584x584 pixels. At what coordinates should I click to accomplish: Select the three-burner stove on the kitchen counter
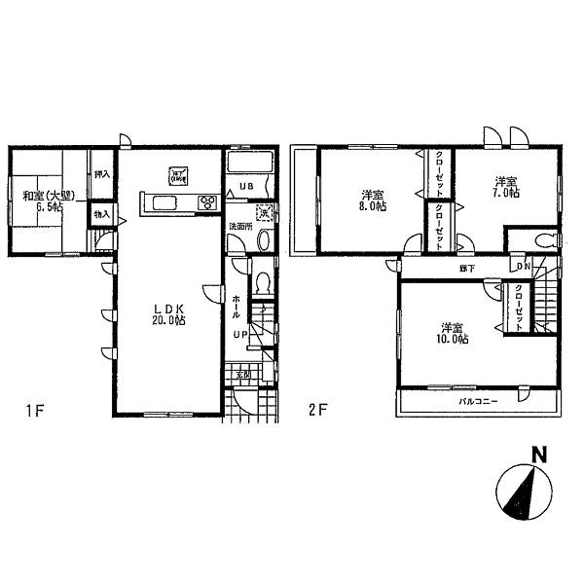click(x=207, y=202)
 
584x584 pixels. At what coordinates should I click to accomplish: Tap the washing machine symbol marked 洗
click(x=261, y=214)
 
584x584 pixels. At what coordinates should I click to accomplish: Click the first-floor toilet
click(x=261, y=283)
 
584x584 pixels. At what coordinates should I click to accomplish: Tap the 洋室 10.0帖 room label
click(x=452, y=333)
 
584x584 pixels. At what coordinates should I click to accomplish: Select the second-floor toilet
click(x=546, y=240)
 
